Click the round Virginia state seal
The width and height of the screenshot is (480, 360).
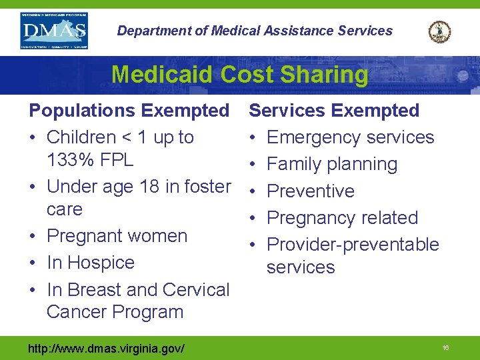click(x=439, y=31)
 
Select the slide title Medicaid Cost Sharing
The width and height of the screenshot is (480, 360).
click(x=239, y=74)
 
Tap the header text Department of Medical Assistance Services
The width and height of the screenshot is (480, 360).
click(x=255, y=31)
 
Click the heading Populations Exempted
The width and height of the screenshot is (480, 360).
click(x=129, y=111)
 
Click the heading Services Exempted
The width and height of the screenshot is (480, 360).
click(x=334, y=111)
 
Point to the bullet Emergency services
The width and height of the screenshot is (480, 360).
click(x=350, y=137)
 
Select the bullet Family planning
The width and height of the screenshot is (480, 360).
click(x=332, y=164)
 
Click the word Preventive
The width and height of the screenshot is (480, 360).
click(x=311, y=191)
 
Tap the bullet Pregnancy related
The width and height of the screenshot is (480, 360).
click(x=342, y=217)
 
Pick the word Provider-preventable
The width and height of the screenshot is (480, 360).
click(x=353, y=245)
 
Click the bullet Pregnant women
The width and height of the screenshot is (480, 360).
click(x=117, y=236)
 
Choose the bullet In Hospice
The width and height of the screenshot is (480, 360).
click(x=91, y=263)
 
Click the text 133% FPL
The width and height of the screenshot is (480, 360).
click(x=90, y=160)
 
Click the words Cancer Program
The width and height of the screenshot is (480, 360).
click(x=115, y=312)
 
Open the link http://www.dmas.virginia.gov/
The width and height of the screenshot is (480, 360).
click(x=106, y=348)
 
